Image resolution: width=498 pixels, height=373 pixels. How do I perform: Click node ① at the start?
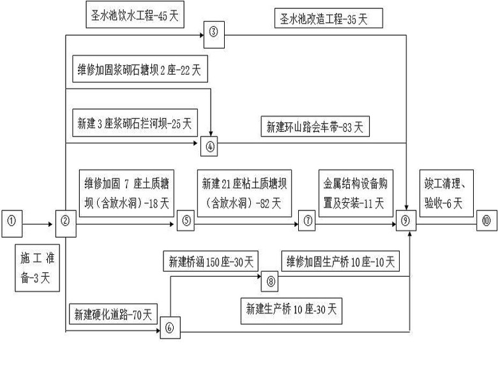pos(13,223)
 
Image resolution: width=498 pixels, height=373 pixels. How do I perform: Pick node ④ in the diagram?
pos(211,146)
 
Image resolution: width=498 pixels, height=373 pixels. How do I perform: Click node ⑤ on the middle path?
pos(186,223)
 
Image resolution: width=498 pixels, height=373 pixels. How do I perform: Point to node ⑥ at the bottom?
pos(170,328)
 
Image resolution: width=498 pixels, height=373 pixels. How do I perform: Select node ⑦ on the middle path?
pos(308,223)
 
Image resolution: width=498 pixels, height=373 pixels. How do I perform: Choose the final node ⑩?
pos(487,223)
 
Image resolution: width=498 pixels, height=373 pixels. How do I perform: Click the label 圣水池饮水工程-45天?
pos(134,16)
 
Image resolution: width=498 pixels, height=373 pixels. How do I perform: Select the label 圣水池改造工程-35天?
pos(329,18)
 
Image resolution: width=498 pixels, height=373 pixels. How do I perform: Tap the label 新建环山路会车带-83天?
pos(315,126)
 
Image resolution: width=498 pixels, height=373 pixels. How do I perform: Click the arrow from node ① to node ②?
pos(40,224)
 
